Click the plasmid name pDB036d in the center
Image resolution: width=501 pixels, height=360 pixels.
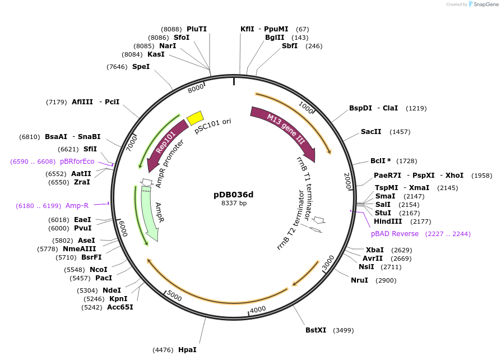coord(234,195)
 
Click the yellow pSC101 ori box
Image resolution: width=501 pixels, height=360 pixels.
coord(195,118)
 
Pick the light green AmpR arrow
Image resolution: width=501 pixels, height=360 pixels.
coord(150,213)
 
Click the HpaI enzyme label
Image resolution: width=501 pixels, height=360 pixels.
coord(187,350)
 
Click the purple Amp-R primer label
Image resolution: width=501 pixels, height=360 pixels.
coord(77,206)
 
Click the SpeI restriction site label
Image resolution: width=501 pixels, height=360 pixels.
coord(141,67)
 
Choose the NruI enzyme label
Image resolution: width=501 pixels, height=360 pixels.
coord(359,280)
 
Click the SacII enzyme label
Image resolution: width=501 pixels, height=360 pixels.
coord(371,132)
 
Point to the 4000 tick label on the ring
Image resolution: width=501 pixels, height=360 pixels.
coord(258,310)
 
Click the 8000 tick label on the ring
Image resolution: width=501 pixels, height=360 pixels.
coord(196,88)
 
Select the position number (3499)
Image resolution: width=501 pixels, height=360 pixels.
coord(344,330)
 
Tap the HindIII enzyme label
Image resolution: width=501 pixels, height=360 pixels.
coord(388,221)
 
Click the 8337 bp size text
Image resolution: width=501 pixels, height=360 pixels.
coord(234,204)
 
